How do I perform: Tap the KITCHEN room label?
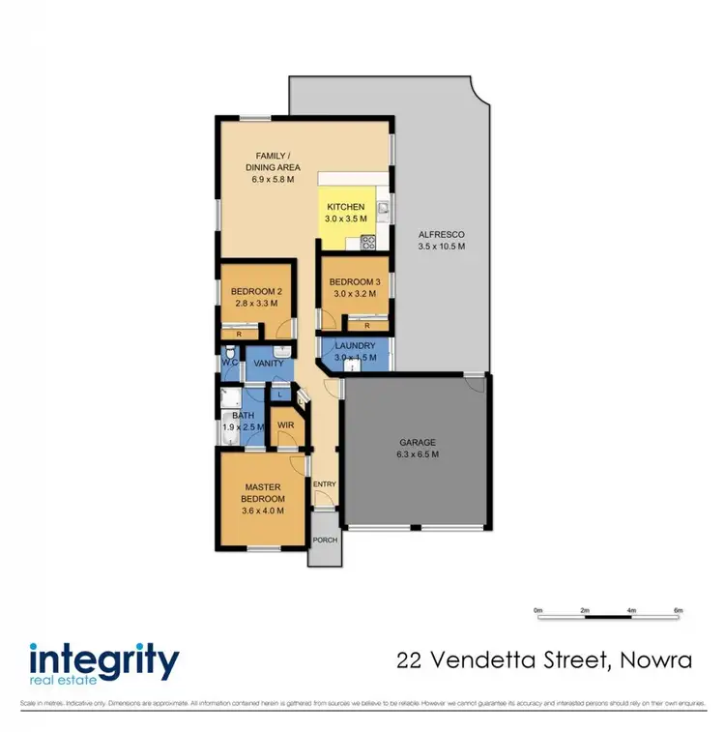(345, 207)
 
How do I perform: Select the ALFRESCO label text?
(441, 235)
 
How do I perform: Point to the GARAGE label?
(417, 442)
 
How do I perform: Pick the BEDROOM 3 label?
(354, 281)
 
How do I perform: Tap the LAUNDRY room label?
(354, 345)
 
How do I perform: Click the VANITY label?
(267, 364)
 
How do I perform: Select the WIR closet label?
(286, 425)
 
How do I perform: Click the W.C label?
(229, 364)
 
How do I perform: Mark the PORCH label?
(324, 540)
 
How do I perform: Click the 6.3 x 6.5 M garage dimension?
(417, 454)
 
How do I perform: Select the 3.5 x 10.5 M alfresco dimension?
(441, 247)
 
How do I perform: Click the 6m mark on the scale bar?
(678, 610)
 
